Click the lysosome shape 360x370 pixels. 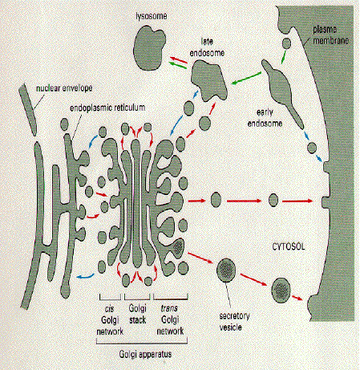pos(149,47)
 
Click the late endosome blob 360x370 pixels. pos(209,80)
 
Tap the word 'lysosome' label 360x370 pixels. pos(152,16)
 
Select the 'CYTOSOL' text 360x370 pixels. pos(289,246)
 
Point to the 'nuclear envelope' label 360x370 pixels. pos(64,88)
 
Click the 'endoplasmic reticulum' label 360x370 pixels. pos(107,108)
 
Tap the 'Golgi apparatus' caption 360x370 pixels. pos(145,355)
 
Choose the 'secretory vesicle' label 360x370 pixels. pos(234,321)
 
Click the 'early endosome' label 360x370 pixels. pos(265,118)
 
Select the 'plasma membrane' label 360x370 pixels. pos(331,35)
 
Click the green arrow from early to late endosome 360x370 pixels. pos(246,78)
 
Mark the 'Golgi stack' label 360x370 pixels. pos(137,314)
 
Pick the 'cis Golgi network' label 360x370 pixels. pos(110,320)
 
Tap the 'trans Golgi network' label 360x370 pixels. pos(170,319)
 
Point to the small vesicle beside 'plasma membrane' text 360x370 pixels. pos(286,43)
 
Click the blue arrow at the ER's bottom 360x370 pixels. pos(86,276)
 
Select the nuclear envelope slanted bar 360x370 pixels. pos(28,108)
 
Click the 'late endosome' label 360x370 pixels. pos(207,47)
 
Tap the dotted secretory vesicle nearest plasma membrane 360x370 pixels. pos(281,290)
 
